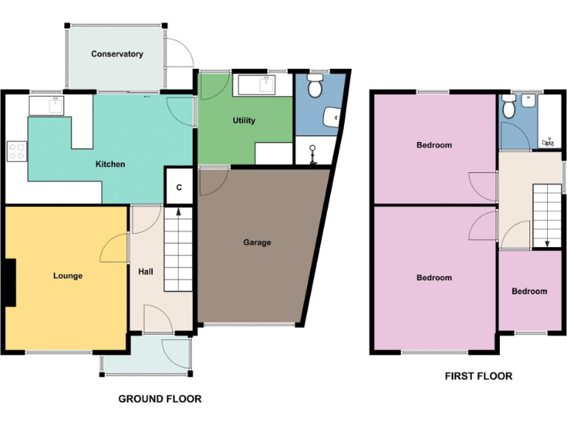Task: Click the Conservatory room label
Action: [x=117, y=54]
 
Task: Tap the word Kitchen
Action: [x=110, y=164]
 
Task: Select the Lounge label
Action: [x=68, y=276]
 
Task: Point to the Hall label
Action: [x=145, y=272]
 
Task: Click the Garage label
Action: [x=257, y=243]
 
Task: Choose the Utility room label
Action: [x=244, y=121]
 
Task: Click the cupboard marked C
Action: [x=179, y=188]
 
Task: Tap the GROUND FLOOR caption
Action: [x=159, y=399]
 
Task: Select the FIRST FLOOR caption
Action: [x=478, y=376]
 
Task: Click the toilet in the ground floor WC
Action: [x=316, y=87]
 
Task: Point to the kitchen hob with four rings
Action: [x=16, y=152]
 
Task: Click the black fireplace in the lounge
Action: [x=9, y=282]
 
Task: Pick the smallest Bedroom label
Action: [x=529, y=291]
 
